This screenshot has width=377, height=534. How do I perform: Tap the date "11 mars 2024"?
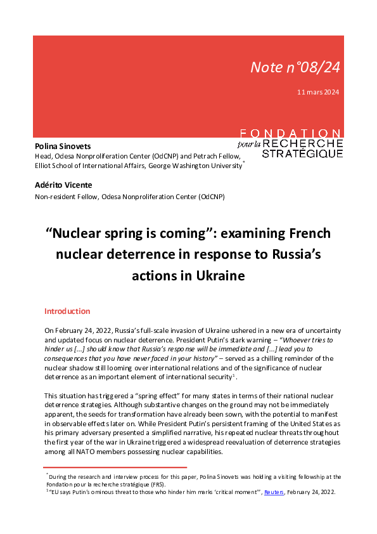click(318, 93)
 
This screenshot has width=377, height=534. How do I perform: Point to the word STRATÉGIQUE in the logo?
click(302, 153)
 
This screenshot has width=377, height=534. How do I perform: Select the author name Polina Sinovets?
click(63, 147)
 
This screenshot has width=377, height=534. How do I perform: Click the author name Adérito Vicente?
click(63, 185)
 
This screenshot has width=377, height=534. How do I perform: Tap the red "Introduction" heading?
click(67, 311)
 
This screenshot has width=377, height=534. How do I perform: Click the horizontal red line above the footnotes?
click(115, 467)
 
